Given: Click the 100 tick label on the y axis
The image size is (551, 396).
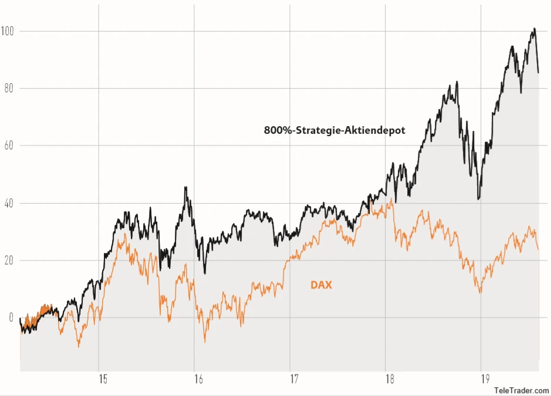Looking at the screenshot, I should click(x=8, y=31).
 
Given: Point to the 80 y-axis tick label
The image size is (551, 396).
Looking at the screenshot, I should click(x=8, y=88).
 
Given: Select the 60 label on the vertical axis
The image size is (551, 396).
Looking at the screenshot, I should click(x=8, y=145).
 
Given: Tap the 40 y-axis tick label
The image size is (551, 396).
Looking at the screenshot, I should click(x=8, y=203).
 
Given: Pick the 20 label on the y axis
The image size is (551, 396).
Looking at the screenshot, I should click(x=8, y=260).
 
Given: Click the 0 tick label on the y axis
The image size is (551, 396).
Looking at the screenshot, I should click(x=10, y=318).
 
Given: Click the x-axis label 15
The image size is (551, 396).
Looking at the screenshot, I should click(x=104, y=379).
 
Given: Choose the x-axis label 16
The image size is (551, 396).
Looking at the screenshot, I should click(x=199, y=379).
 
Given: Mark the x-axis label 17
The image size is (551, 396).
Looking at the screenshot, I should click(x=295, y=379).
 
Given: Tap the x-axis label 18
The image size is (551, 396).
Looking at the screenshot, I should click(x=390, y=379).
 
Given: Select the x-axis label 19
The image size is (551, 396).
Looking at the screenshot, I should click(x=486, y=379).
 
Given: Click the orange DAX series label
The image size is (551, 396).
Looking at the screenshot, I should click(x=321, y=285).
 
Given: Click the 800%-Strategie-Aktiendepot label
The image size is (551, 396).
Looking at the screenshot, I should click(x=334, y=130).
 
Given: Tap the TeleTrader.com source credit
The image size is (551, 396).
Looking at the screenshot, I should click(x=521, y=390).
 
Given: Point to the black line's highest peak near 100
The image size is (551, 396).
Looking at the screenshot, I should click(x=533, y=28).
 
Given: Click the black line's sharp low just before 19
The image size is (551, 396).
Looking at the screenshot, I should click(x=479, y=199).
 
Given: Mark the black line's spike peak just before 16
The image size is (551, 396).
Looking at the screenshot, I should click(x=185, y=187).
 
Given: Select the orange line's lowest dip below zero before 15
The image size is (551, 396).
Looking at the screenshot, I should click(x=79, y=347).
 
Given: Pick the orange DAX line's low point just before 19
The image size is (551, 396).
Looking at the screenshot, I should click(x=481, y=293).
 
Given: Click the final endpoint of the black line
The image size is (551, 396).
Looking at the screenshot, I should click(x=538, y=73).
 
